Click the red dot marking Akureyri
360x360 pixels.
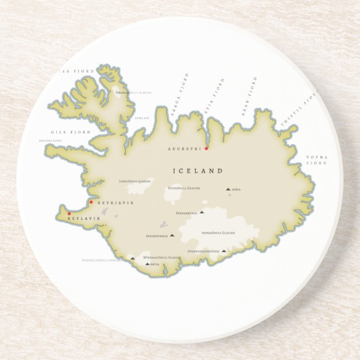[206, 148]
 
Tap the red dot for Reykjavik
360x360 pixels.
[91, 202]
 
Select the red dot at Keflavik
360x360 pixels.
[69, 214]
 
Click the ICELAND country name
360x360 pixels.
[198, 170]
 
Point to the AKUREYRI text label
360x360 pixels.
[184, 149]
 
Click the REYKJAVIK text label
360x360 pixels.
[116, 202]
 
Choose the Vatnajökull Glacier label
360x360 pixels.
[218, 233]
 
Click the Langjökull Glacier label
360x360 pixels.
[135, 181]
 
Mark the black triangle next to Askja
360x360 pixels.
[229, 190]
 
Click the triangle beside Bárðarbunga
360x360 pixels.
[202, 212]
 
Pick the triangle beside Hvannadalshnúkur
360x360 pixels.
[224, 251]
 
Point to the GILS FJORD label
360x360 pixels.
[63, 132]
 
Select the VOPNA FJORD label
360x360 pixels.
[316, 160]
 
